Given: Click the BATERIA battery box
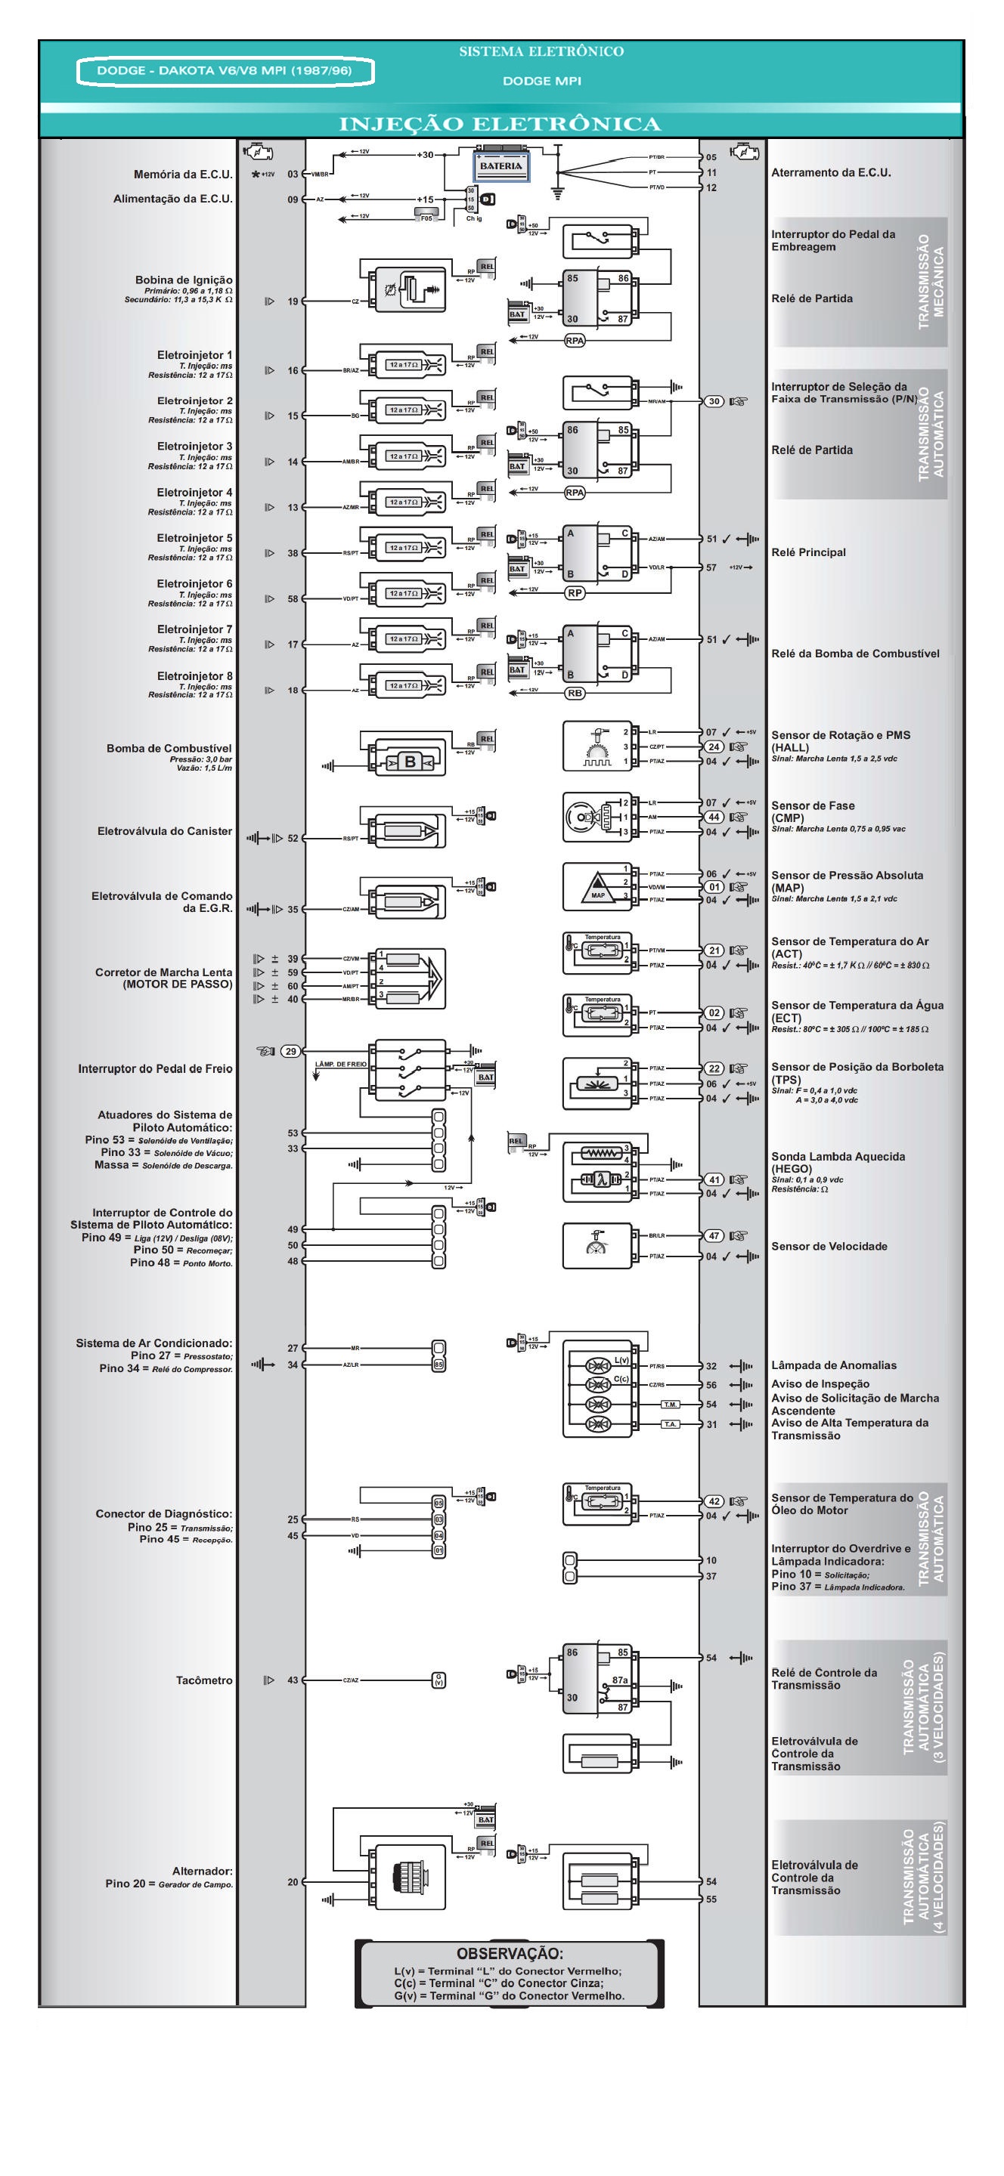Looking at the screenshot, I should pos(500,166).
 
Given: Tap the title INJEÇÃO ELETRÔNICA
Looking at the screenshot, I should pos(500,124).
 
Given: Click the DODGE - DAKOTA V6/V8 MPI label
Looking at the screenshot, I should pos(224,71).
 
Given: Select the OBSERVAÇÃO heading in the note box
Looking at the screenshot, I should pos(510,1954).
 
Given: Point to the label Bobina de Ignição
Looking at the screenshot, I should pos(184,280).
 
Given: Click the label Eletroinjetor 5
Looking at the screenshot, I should pos(194,538).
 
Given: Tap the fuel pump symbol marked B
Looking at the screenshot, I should pos(410,762).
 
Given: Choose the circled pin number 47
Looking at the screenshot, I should pos(714,1236).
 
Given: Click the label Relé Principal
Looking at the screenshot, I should pos(808,552).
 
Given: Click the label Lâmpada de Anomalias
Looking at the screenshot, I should pos(833,1365).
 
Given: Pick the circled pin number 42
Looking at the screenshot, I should pos(714,1501).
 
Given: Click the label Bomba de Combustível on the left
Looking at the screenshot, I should pos(169,749).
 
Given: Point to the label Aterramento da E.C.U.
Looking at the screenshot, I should pos(831,172).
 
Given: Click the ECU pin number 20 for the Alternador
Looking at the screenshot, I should pos(293,1882).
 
